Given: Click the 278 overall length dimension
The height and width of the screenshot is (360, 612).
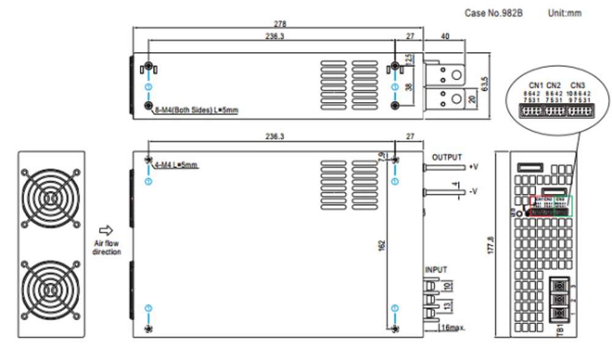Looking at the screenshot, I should click(x=280, y=24).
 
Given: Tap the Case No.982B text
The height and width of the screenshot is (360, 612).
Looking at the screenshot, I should click(x=494, y=12).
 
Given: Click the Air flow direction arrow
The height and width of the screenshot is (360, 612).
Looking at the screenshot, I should click(x=106, y=230).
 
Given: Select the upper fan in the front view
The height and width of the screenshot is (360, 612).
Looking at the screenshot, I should click(x=51, y=196).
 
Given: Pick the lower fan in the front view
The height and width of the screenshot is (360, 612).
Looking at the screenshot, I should click(x=51, y=291).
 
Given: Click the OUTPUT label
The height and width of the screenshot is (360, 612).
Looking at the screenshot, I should click(x=447, y=157).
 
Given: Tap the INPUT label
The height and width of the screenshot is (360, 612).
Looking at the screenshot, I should click(x=436, y=269).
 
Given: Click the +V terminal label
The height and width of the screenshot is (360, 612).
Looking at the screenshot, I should click(x=473, y=167).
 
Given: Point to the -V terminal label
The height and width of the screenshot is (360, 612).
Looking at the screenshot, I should click(x=473, y=191).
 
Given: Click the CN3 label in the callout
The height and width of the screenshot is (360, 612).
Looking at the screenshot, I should click(x=577, y=84).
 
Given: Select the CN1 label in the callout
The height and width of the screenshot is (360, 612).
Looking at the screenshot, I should click(x=535, y=84).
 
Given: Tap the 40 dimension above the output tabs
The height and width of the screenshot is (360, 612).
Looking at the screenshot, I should click(x=445, y=37).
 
